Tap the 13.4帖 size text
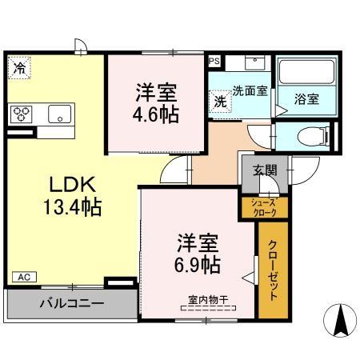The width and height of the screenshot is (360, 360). [x=71, y=208]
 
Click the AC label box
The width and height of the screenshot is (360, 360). [x=24, y=277]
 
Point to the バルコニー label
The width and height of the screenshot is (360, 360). [x=71, y=304]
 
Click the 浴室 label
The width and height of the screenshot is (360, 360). [x=306, y=100]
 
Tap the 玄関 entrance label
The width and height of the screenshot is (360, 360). [x=266, y=170]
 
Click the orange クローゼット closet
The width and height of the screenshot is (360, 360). [x=273, y=269]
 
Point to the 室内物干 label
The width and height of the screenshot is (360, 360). [x=208, y=300]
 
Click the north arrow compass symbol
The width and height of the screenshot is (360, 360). [x=338, y=322]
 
